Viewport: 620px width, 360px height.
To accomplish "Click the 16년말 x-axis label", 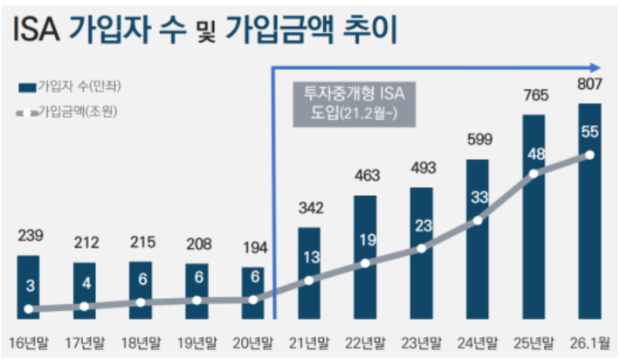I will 29,341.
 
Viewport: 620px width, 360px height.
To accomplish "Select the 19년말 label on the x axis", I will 196,341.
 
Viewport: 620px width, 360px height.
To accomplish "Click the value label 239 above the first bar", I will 29,236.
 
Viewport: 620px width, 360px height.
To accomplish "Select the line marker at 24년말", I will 478,221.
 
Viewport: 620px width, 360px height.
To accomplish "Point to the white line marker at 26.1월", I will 589,156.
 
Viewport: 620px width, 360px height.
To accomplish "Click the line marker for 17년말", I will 85,306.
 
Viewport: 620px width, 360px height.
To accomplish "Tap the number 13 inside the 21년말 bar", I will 309,258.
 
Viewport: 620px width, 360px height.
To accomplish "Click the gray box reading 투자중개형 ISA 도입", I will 354,102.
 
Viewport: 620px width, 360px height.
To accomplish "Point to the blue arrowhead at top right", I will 596,66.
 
